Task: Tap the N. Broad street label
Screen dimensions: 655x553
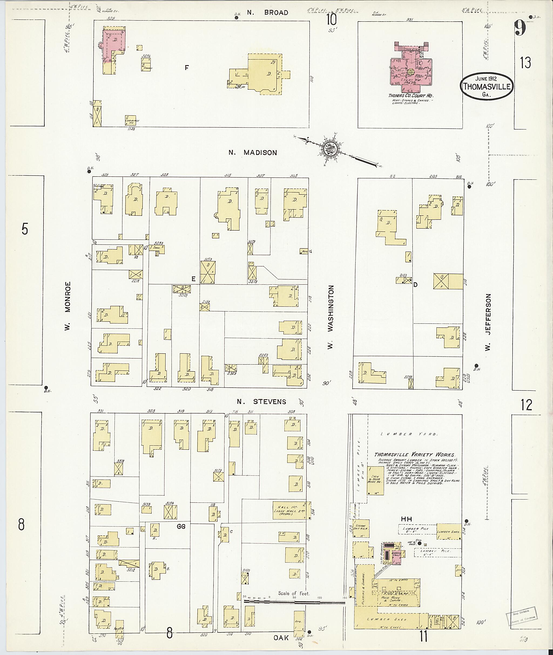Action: click(267, 13)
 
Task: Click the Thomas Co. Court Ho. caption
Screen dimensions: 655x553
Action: click(411, 96)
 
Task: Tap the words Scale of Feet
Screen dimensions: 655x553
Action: click(294, 593)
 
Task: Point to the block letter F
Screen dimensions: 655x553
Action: click(187, 67)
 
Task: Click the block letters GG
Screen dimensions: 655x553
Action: click(181, 527)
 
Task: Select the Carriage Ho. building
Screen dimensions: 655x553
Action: click(130, 120)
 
